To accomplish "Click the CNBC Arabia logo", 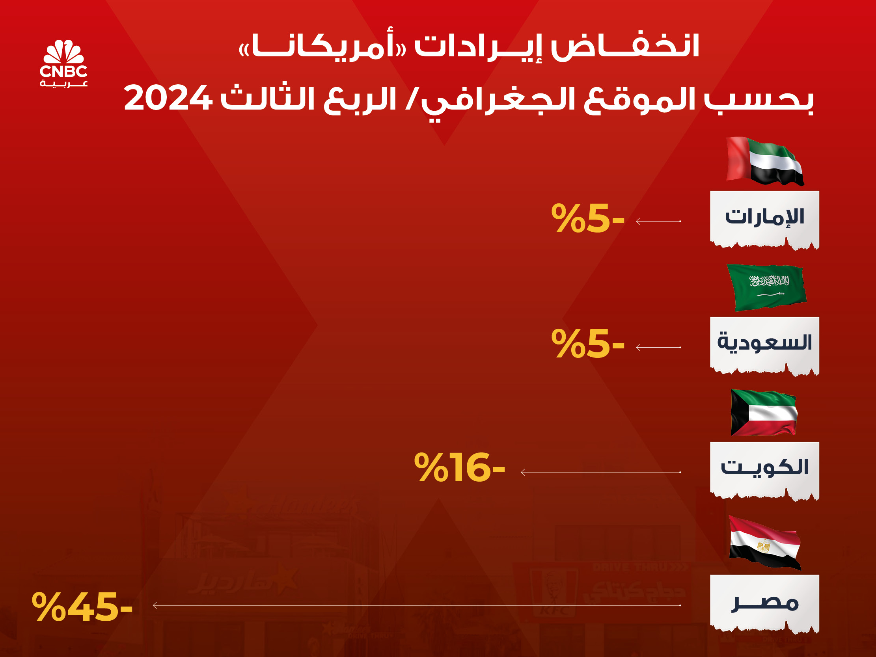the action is [x=63, y=63].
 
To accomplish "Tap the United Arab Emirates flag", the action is [x=765, y=161].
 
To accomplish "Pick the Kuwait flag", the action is [x=764, y=412].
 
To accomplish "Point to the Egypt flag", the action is [x=765, y=542].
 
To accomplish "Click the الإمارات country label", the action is [x=764, y=217].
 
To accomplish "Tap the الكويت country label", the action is [x=764, y=467].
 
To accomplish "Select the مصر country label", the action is [x=764, y=603].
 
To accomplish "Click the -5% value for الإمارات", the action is [x=588, y=218].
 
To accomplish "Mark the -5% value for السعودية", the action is [x=588, y=344].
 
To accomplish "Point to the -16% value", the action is [x=459, y=467].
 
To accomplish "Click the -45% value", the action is [x=82, y=606].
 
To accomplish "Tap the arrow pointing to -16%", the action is [x=601, y=472].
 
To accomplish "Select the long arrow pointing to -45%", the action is [x=417, y=605].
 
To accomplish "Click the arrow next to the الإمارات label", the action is [x=658, y=221].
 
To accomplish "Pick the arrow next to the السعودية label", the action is [x=658, y=347].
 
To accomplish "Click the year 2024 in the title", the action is [x=168, y=98].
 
